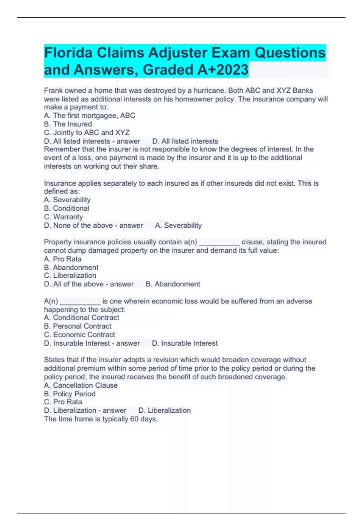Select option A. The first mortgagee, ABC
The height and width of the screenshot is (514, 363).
click(x=90, y=115)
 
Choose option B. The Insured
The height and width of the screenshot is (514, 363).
click(x=68, y=124)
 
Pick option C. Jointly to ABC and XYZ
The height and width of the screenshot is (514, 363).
click(x=87, y=132)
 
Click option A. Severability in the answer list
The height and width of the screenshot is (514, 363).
click(x=67, y=200)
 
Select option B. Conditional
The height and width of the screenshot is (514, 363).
click(x=67, y=208)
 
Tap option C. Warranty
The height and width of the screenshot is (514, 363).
click(x=63, y=217)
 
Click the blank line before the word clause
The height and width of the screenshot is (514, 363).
click(x=219, y=242)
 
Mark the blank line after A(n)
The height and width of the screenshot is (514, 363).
click(x=80, y=301)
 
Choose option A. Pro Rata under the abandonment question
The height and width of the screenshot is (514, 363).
click(x=63, y=259)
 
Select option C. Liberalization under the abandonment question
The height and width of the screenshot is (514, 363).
click(x=70, y=275)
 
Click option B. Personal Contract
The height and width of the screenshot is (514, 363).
click(x=78, y=326)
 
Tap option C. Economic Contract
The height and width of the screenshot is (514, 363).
click(x=80, y=334)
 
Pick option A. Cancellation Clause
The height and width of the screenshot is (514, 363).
click(x=81, y=385)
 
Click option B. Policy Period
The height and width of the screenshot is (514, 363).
click(x=70, y=394)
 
